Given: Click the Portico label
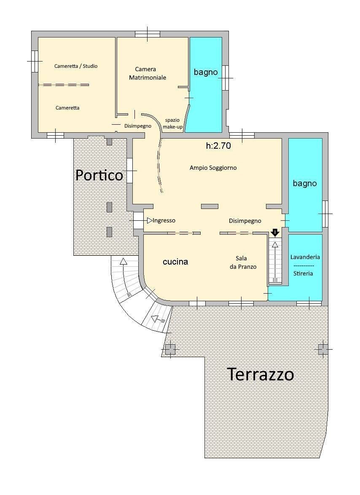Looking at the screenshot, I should coord(99,175).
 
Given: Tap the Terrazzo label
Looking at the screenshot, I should coord(260,374).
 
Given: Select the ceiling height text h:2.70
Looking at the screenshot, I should coord(218,146).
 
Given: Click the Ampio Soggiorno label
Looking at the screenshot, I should coord(213,168).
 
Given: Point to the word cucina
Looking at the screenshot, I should coord(175,262).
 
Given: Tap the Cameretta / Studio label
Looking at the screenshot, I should coord(76,66).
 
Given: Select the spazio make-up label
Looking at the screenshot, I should coord(172,123).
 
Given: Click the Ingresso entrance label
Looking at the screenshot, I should coord(164,220).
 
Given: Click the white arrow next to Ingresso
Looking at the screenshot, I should coord(150,220).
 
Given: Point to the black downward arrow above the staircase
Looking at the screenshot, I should coord(275,232).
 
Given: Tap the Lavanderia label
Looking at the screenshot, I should coord(305,257).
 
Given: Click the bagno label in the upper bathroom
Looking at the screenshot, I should coord(206,72).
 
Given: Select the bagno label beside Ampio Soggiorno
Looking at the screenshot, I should coord(305,183).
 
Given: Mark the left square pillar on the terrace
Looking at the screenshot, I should coord(170,349).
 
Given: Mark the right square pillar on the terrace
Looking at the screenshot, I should coord(323,349).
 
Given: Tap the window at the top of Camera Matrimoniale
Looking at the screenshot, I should coord(147,34).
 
